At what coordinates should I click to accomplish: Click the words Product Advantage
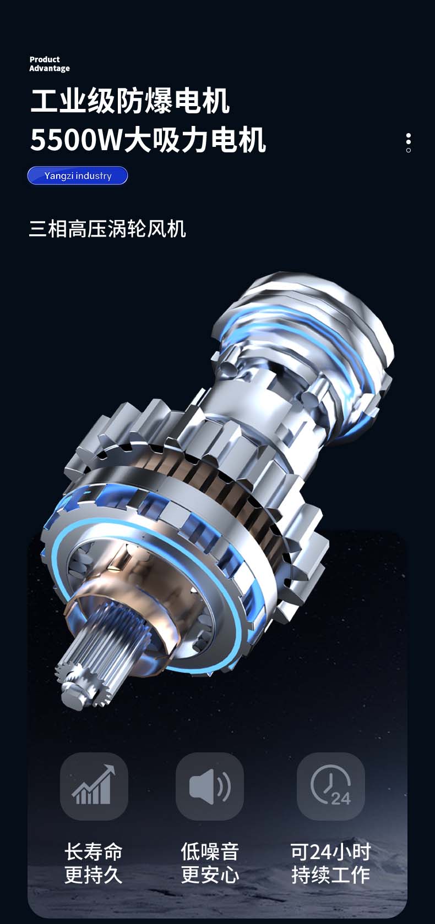tap(50, 64)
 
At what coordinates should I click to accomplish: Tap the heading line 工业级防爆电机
tap(130, 101)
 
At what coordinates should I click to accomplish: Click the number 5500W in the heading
tap(75, 140)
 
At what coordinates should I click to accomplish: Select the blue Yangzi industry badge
tap(78, 176)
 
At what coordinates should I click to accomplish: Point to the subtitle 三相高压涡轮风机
tap(107, 229)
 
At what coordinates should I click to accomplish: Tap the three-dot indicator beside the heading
tap(409, 143)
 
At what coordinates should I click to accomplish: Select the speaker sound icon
tap(210, 786)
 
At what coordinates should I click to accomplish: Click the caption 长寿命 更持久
tap(94, 864)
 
